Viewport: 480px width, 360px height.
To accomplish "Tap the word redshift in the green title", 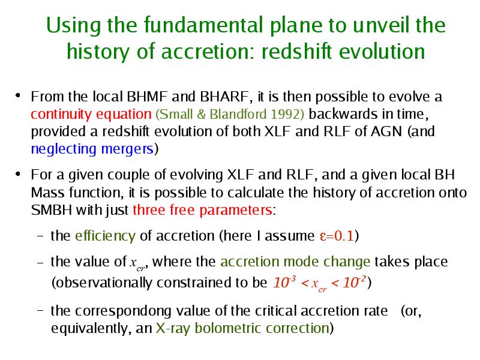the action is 296,51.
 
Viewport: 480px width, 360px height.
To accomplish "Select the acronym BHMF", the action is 147,97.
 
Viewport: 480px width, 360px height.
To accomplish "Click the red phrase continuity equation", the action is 91,115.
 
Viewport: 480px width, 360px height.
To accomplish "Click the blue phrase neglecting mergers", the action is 92,149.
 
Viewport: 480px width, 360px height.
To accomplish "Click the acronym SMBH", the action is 52,211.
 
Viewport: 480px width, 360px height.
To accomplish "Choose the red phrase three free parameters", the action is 202,211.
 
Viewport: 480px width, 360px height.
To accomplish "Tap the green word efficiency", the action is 105,236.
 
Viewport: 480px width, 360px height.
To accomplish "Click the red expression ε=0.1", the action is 337,236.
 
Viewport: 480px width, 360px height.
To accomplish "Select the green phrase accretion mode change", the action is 295,262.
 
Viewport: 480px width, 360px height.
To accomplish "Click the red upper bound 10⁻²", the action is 354,282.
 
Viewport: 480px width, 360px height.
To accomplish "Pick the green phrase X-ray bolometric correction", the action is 242,328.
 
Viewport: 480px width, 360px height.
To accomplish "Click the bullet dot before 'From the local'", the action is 18,95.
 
